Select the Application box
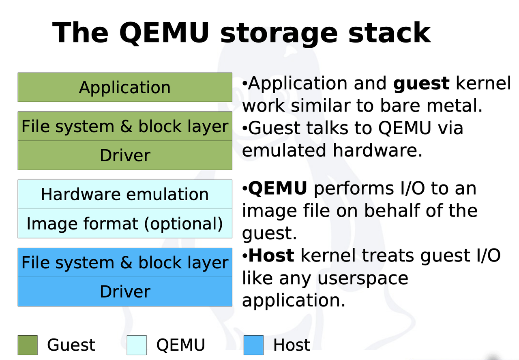coord(125,88)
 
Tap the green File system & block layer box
coord(125,126)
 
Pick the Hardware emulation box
coord(125,195)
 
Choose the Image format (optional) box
coord(125,224)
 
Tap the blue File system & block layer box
coord(125,263)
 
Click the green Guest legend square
coord(28,345)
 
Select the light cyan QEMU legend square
coord(136,345)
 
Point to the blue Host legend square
coord(253,345)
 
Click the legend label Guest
coord(71,345)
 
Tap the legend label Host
coord(292,345)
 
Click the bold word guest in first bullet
coord(421,84)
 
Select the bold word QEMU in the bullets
coord(277,189)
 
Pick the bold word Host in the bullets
coord(271,256)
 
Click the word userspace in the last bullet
coord(363,279)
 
